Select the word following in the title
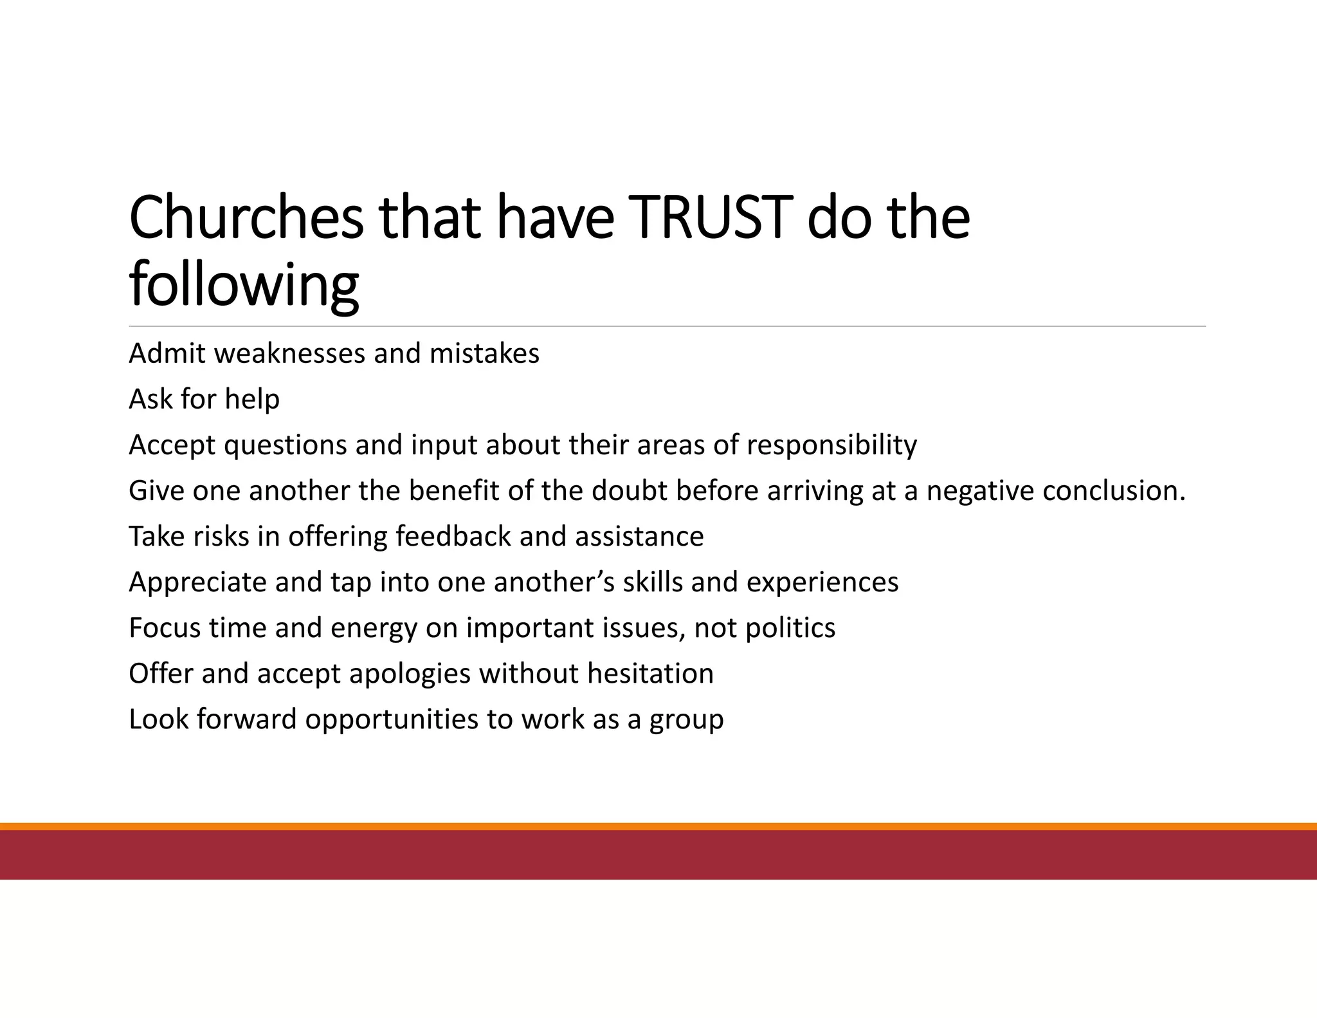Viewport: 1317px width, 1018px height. (244, 284)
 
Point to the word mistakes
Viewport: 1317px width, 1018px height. (484, 354)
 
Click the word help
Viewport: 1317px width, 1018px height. (252, 400)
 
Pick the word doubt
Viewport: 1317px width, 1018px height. (630, 491)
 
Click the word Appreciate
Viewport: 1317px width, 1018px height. (197, 582)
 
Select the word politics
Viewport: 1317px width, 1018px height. (790, 628)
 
